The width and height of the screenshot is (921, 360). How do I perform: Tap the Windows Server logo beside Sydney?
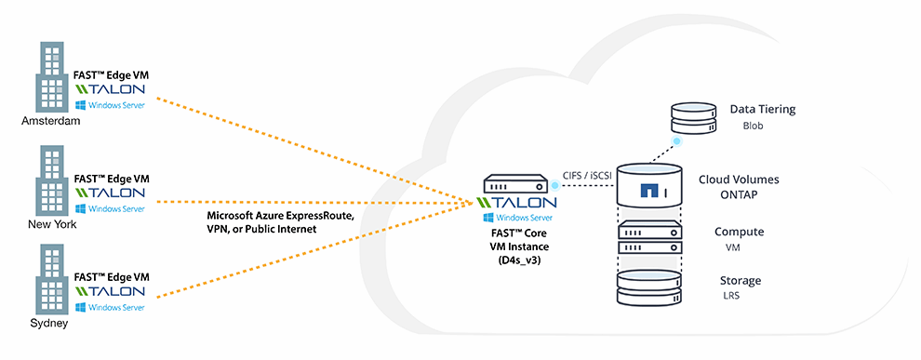111,306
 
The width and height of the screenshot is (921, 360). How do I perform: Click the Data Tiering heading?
763,109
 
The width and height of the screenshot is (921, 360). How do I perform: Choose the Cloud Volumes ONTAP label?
739,187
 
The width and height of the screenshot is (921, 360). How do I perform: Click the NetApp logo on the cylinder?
650,192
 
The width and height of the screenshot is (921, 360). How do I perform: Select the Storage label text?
740,280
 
